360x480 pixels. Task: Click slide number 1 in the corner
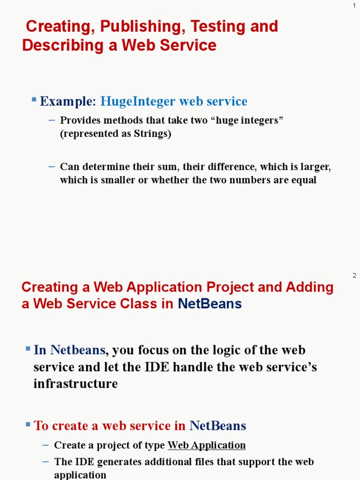pos(354,5)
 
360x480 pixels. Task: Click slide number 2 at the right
pos(354,275)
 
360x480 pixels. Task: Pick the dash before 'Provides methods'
pos(52,120)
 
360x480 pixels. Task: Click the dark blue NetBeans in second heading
pos(210,304)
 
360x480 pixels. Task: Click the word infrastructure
pos(75,384)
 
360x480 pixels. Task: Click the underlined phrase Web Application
pos(206,445)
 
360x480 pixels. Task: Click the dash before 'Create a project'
pos(45,445)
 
